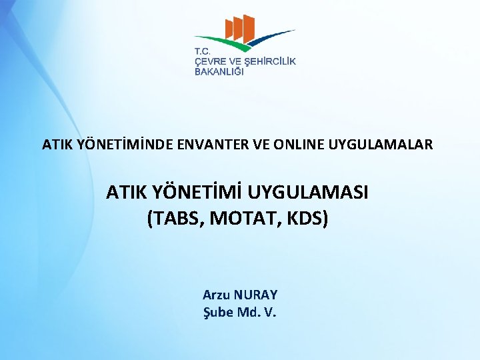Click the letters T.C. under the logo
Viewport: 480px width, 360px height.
(x=203, y=52)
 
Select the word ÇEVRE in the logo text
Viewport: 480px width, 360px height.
(x=209, y=61)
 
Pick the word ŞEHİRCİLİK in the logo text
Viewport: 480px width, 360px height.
(x=270, y=61)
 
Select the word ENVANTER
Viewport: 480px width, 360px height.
(x=209, y=144)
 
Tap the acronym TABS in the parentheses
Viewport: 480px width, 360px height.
(x=178, y=218)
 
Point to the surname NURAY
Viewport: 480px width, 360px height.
(x=255, y=295)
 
